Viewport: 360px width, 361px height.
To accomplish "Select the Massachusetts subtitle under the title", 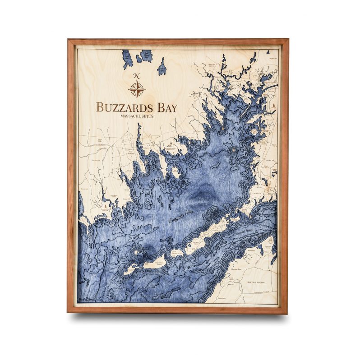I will click(x=137, y=116).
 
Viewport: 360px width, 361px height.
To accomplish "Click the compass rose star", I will click(x=137, y=88).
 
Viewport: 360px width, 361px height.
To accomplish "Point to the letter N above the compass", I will click(x=137, y=76).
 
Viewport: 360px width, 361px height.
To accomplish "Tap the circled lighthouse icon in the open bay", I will click(x=235, y=149).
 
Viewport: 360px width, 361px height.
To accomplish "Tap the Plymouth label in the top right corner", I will click(x=272, y=59).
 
